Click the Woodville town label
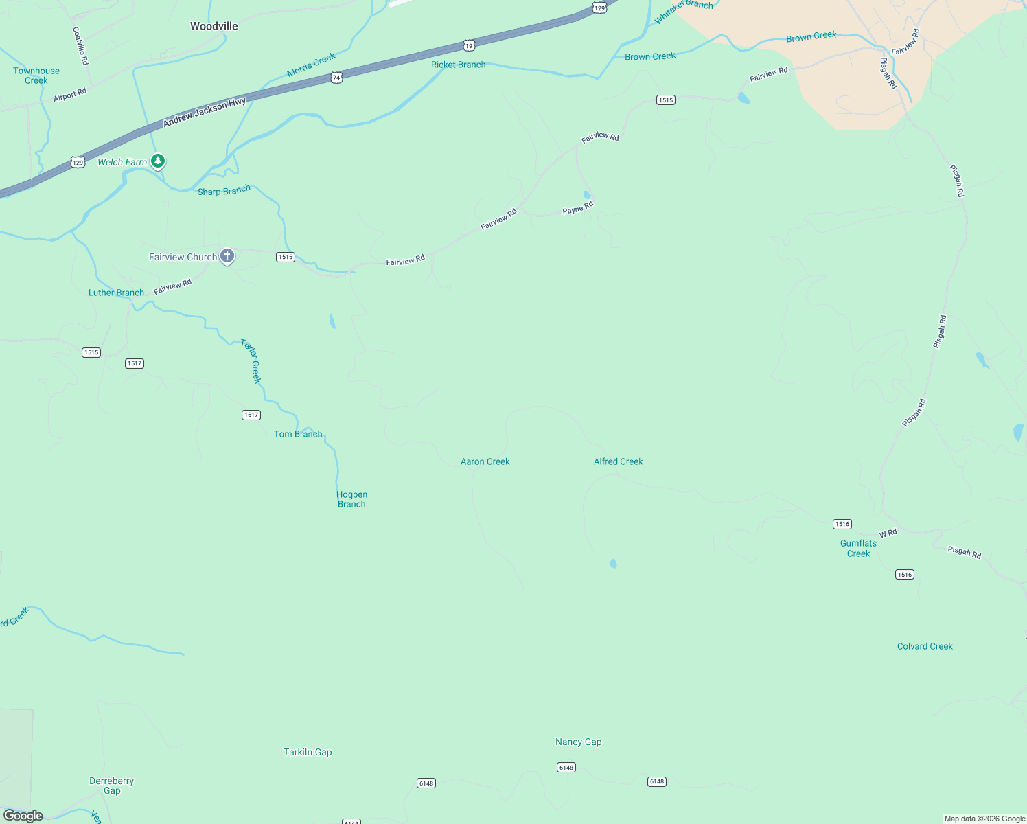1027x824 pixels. (x=214, y=26)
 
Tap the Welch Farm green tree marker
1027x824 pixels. (x=158, y=161)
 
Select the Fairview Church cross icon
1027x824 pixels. (x=227, y=256)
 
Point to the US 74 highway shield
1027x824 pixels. (x=336, y=78)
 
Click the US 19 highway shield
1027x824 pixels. (x=469, y=46)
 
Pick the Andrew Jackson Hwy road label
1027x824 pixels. (x=204, y=113)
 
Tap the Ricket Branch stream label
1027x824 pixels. (x=458, y=65)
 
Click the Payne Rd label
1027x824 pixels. (x=577, y=207)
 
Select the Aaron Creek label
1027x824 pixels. (x=485, y=461)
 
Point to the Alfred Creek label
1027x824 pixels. (x=618, y=461)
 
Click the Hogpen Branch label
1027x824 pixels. (x=351, y=499)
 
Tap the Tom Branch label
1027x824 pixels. (x=298, y=434)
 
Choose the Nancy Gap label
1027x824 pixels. (x=578, y=742)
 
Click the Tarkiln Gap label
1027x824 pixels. (x=308, y=752)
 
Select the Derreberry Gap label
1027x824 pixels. (x=111, y=786)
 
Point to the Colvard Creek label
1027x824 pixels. (x=925, y=646)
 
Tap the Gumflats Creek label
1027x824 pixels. (x=858, y=548)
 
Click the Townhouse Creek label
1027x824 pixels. (x=36, y=76)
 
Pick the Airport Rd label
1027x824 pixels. (x=70, y=95)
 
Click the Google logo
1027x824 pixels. (x=23, y=816)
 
